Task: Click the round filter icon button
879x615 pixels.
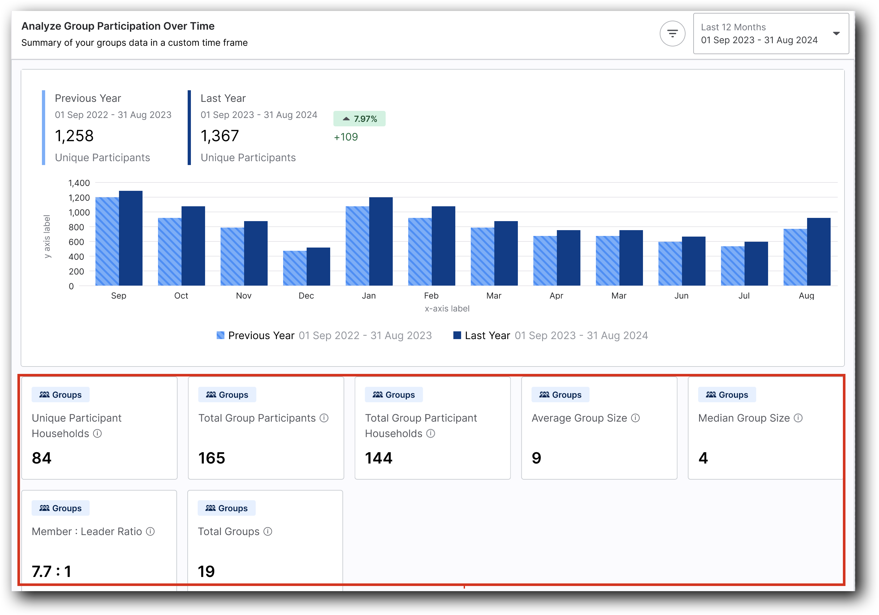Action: [x=672, y=34]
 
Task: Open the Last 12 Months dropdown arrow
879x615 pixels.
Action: [x=836, y=34]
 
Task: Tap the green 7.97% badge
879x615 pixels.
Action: [x=359, y=119]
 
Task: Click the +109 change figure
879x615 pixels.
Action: [x=346, y=137]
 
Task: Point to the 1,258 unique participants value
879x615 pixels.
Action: [x=74, y=136]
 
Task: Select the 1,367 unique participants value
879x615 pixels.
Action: [x=220, y=136]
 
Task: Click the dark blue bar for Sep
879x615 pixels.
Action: [x=131, y=238]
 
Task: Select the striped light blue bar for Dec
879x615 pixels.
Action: [x=295, y=268]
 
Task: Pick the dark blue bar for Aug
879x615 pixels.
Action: [x=818, y=251]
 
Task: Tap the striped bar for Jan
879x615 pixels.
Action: [x=357, y=246]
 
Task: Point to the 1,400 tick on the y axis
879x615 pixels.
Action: [x=79, y=183]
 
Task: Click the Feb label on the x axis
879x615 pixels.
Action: [x=431, y=296]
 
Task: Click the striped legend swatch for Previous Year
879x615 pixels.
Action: [x=221, y=335]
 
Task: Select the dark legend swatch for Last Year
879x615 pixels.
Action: [x=457, y=335]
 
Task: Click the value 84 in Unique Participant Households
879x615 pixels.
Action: [x=42, y=458]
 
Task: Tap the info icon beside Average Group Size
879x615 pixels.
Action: [x=636, y=418]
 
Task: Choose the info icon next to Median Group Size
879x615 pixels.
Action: [x=798, y=418]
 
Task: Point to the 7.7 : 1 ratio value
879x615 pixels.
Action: [x=52, y=571]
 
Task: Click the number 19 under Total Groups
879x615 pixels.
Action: [x=206, y=571]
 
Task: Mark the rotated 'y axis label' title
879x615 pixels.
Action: [x=47, y=237]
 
